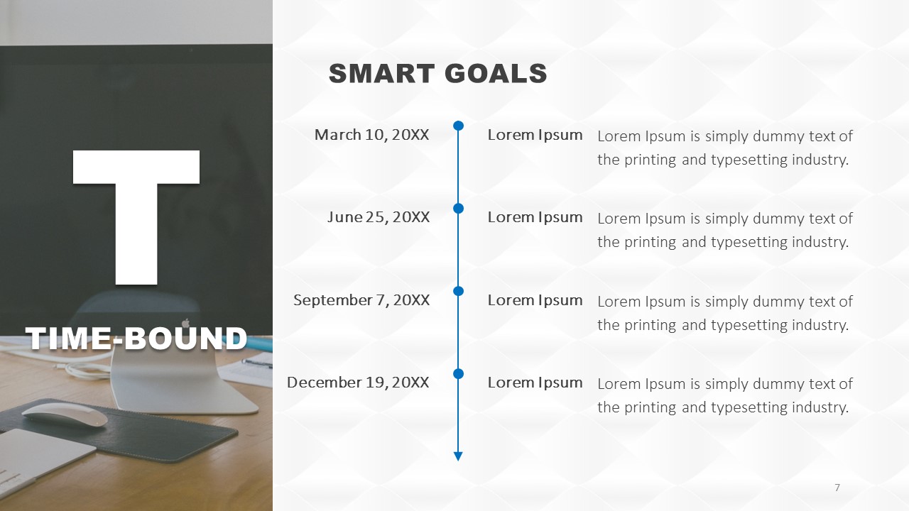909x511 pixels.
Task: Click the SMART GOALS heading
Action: coord(438,73)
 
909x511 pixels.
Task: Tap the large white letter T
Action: coord(136,217)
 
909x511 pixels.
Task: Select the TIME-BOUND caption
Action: coord(136,338)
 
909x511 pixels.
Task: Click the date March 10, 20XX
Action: coord(371,135)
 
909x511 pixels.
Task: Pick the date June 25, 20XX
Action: coord(379,217)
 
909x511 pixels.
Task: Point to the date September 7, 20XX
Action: coord(361,300)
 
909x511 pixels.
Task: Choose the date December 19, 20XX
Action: coord(358,383)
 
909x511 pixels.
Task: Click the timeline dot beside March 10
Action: coord(458,126)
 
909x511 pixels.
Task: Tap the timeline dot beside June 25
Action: coord(458,209)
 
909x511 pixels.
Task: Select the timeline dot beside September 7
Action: coord(458,291)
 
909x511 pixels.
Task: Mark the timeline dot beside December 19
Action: coord(458,373)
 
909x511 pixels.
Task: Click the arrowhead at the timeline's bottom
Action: coord(458,456)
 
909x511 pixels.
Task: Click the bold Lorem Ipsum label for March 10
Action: coord(535,135)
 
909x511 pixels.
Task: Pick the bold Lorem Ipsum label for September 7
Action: coord(535,300)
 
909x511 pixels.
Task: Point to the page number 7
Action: coord(837,488)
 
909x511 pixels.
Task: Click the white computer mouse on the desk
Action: coord(65,414)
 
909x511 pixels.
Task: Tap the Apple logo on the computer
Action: coord(186,323)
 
